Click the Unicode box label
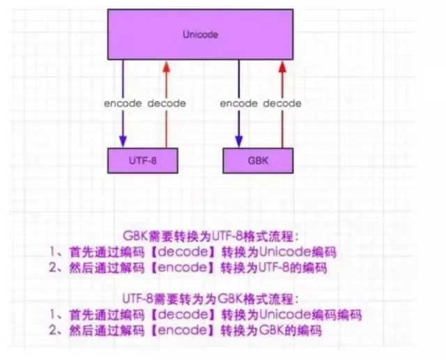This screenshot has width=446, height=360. [x=200, y=35]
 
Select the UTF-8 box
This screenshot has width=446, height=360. [x=143, y=161]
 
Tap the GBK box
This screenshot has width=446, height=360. [x=258, y=161]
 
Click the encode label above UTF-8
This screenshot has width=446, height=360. [x=123, y=104]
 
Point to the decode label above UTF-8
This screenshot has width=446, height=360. [x=167, y=104]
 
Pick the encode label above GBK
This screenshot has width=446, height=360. [x=239, y=104]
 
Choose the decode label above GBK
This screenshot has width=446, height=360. [x=282, y=104]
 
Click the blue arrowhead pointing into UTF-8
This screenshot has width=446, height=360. [x=123, y=141]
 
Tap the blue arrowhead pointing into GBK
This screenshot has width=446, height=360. [x=239, y=141]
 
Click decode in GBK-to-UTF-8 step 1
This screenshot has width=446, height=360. [x=183, y=252]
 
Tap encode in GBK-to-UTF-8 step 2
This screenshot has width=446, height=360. [x=183, y=267]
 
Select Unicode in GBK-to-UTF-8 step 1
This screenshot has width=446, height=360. [x=285, y=252]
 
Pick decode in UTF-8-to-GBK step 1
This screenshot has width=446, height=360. [x=183, y=315]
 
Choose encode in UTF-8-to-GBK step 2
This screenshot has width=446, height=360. [x=183, y=330]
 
